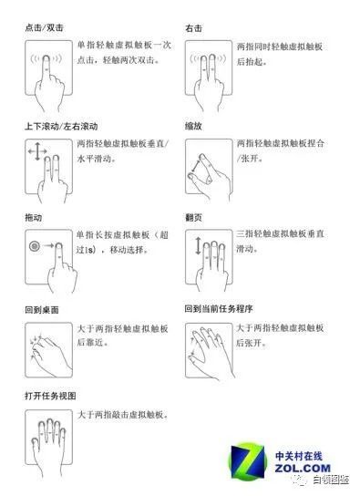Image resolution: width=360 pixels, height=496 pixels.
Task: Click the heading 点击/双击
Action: pos(44,28)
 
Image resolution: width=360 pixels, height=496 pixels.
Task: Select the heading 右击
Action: pos(193,28)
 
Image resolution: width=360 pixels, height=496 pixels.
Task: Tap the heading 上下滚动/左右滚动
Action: pos(61,127)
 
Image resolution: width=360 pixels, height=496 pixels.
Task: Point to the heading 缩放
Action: pos(193,126)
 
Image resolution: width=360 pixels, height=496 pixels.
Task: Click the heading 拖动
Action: pos(33,218)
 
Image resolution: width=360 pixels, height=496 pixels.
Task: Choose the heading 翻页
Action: pos(193,217)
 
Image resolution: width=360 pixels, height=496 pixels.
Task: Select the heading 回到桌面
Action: pos(42,310)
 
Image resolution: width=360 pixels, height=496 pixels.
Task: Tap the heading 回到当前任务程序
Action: pos(219,309)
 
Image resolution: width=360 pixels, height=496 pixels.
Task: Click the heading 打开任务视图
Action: pos(50,396)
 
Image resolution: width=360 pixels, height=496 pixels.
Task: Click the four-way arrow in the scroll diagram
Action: pos(37,151)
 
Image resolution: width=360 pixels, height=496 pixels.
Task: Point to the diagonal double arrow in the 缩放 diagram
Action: pos(195,165)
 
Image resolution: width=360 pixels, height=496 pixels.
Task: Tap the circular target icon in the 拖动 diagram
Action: pos(35,246)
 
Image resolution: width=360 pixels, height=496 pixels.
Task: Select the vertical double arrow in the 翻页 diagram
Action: pos(198,246)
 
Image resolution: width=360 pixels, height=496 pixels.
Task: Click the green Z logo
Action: pos(248,461)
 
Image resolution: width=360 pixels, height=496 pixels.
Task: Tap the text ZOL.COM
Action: pos(303,468)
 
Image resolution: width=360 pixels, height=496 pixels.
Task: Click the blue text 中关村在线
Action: pos(299,456)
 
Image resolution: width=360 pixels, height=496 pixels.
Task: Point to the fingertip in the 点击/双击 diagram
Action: pos(46,58)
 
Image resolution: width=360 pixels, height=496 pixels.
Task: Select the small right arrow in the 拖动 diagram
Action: pos(48,245)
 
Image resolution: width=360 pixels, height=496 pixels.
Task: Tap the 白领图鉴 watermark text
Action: pos(331,480)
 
